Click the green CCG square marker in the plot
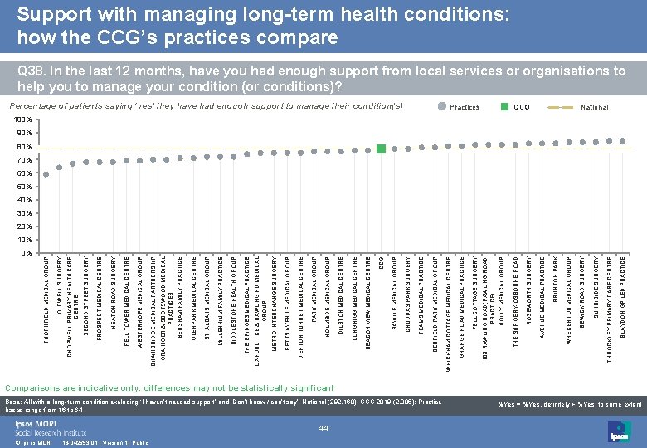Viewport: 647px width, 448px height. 381,149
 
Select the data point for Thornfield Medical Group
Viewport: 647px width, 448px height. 46,174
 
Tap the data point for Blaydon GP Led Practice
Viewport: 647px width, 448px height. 623,141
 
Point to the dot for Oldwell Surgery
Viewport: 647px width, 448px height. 60,168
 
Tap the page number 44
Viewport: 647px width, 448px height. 323,426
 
